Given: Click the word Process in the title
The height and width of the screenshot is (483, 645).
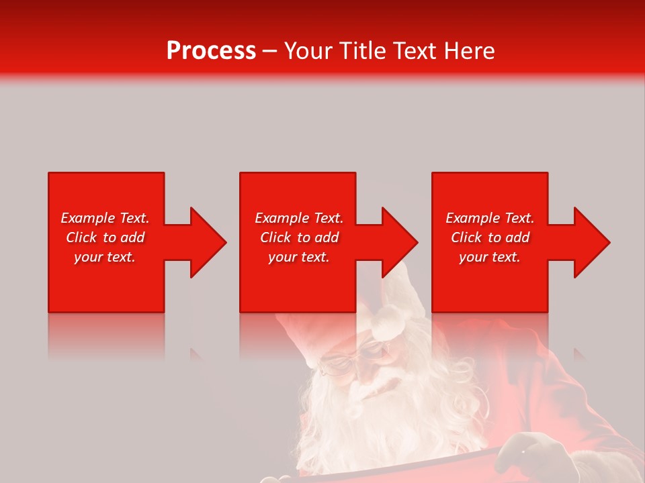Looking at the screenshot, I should [x=211, y=51].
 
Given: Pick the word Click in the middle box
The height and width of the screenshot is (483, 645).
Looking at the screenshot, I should [x=275, y=237].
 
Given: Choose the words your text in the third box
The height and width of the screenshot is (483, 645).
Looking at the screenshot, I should [x=490, y=257].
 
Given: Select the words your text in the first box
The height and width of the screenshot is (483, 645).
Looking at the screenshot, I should [x=105, y=257].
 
